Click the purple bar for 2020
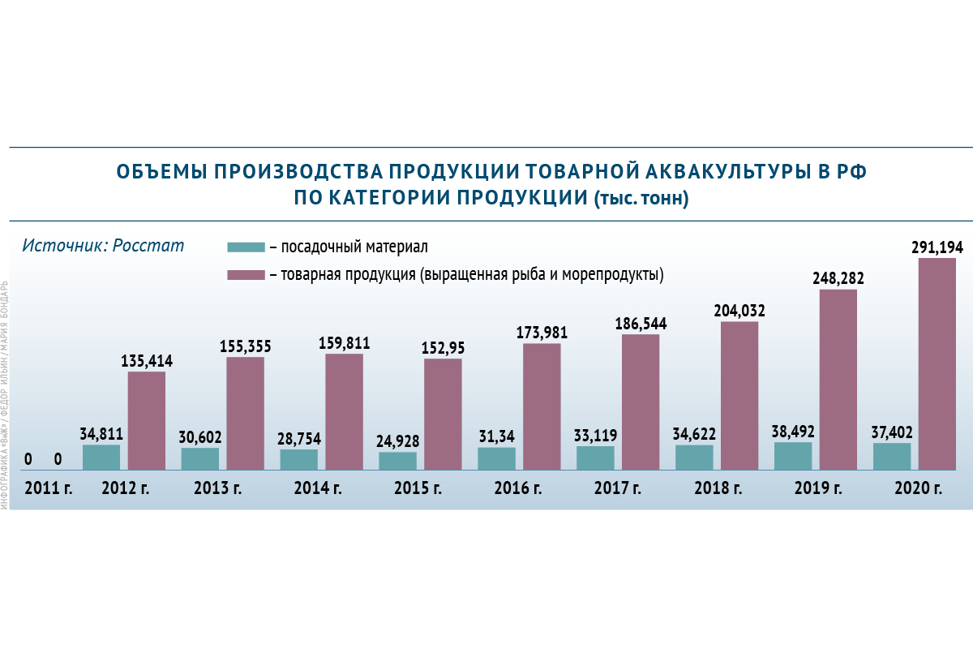(x=937, y=363)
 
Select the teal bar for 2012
(x=101, y=457)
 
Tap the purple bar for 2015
(x=443, y=414)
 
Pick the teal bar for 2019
(x=793, y=456)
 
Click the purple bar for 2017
(x=641, y=402)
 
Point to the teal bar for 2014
(x=299, y=459)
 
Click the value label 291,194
(x=937, y=247)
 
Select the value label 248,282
(x=838, y=278)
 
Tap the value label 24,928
(x=397, y=442)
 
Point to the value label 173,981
(x=542, y=333)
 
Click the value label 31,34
(x=496, y=437)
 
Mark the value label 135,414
(x=147, y=361)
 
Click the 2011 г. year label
(x=49, y=488)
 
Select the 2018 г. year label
(x=718, y=488)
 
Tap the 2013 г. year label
(x=218, y=488)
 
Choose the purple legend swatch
(x=246, y=275)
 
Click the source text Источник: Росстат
(x=103, y=245)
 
